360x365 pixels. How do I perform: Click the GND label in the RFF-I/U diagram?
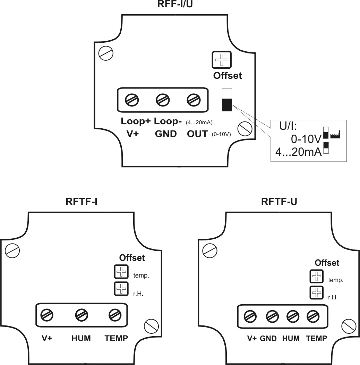[166, 134]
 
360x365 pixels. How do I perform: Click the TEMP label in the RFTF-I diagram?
[116, 338]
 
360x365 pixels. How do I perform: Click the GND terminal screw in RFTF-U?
[271, 316]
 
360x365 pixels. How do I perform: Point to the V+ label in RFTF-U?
[252, 339]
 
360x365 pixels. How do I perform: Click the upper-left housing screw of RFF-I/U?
[105, 53]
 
